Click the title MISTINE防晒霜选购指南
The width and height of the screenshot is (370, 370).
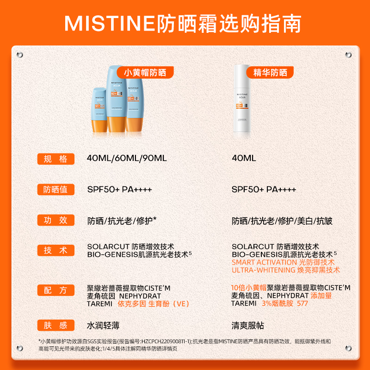[x=185, y=22]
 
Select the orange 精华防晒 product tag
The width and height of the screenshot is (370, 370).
[x=270, y=72]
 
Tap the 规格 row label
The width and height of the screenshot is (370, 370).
[x=55, y=159]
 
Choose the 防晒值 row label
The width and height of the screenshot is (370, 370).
[x=55, y=190]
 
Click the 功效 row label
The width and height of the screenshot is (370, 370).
[x=55, y=220]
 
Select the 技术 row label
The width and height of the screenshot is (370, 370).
[x=55, y=250]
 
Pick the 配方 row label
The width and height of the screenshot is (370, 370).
[x=55, y=290]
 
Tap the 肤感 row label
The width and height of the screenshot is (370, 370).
[x=55, y=326]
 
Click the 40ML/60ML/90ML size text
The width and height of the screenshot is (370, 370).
[x=127, y=158]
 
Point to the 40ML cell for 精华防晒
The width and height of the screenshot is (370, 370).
[x=244, y=158]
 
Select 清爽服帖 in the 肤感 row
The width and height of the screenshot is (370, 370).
[x=248, y=326]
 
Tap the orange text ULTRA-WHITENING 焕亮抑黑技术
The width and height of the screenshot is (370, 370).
[x=285, y=270]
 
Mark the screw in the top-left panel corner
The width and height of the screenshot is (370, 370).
[x=19, y=55]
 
